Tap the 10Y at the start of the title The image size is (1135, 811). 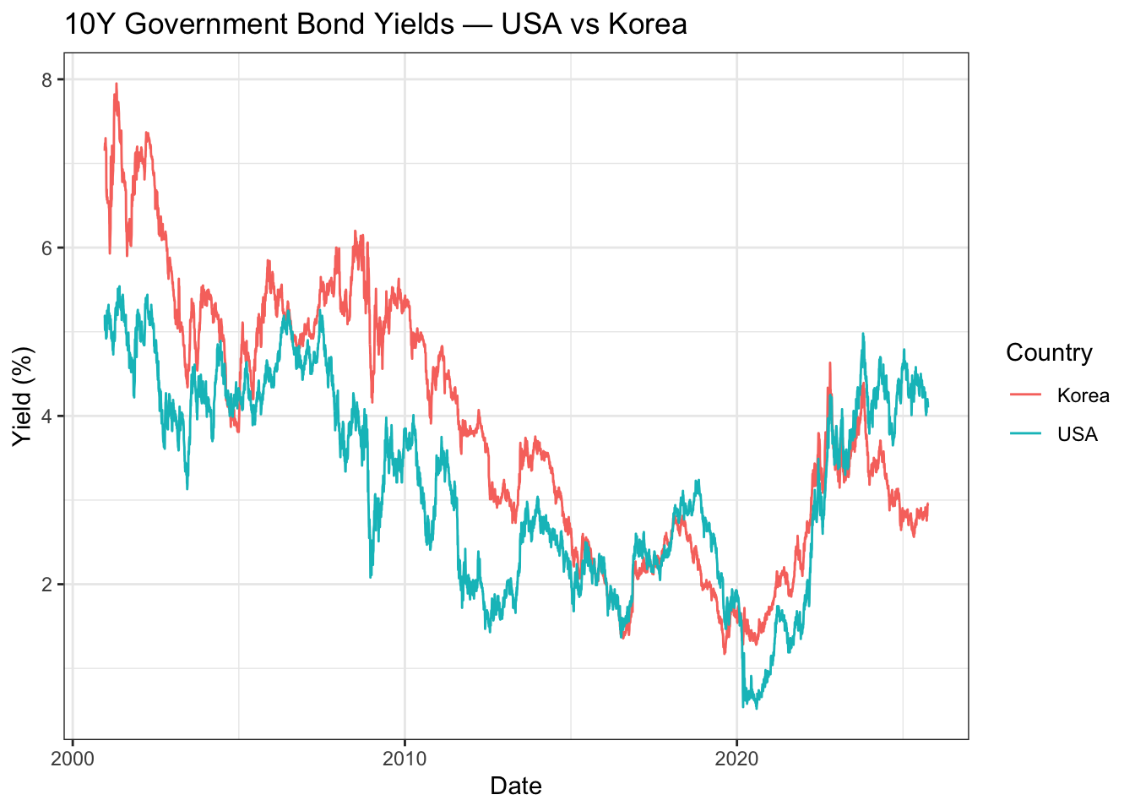89,24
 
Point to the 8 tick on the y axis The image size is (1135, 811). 46,79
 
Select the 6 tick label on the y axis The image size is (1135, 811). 46,248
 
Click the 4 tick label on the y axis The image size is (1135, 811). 46,416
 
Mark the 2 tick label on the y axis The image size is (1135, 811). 46,584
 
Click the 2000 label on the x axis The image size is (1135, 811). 73,758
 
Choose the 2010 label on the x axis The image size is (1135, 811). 405,758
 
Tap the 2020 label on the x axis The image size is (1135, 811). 736,758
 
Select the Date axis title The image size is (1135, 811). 515,786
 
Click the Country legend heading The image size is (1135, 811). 1049,352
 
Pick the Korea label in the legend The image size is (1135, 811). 1083,395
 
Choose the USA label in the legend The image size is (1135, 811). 1077,434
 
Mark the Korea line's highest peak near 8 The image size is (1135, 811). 116,84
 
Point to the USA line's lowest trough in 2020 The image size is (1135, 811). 756,708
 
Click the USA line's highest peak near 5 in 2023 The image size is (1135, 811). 862,334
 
